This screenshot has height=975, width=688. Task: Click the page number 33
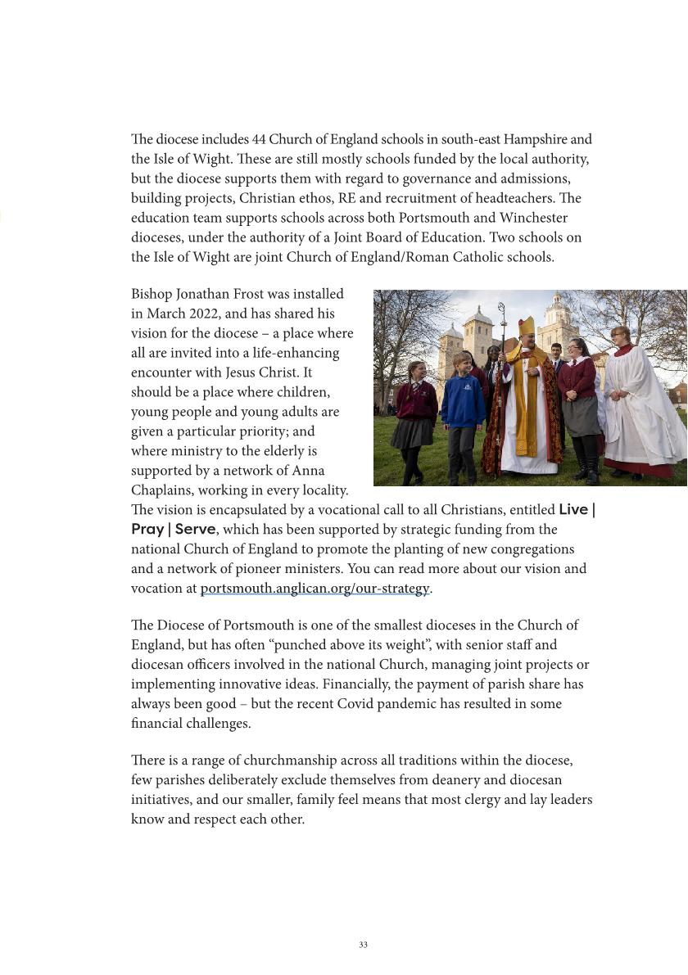coord(363,945)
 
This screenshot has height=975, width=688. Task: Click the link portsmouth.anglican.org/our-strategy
coord(315,589)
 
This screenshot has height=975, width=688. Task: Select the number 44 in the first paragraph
coord(259,140)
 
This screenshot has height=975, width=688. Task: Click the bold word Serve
coord(195,530)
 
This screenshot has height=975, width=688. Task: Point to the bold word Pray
coord(147,530)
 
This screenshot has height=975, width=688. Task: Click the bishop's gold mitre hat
coord(527,327)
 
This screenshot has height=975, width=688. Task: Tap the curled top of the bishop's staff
coord(501,312)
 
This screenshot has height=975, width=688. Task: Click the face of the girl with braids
coord(416,372)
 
